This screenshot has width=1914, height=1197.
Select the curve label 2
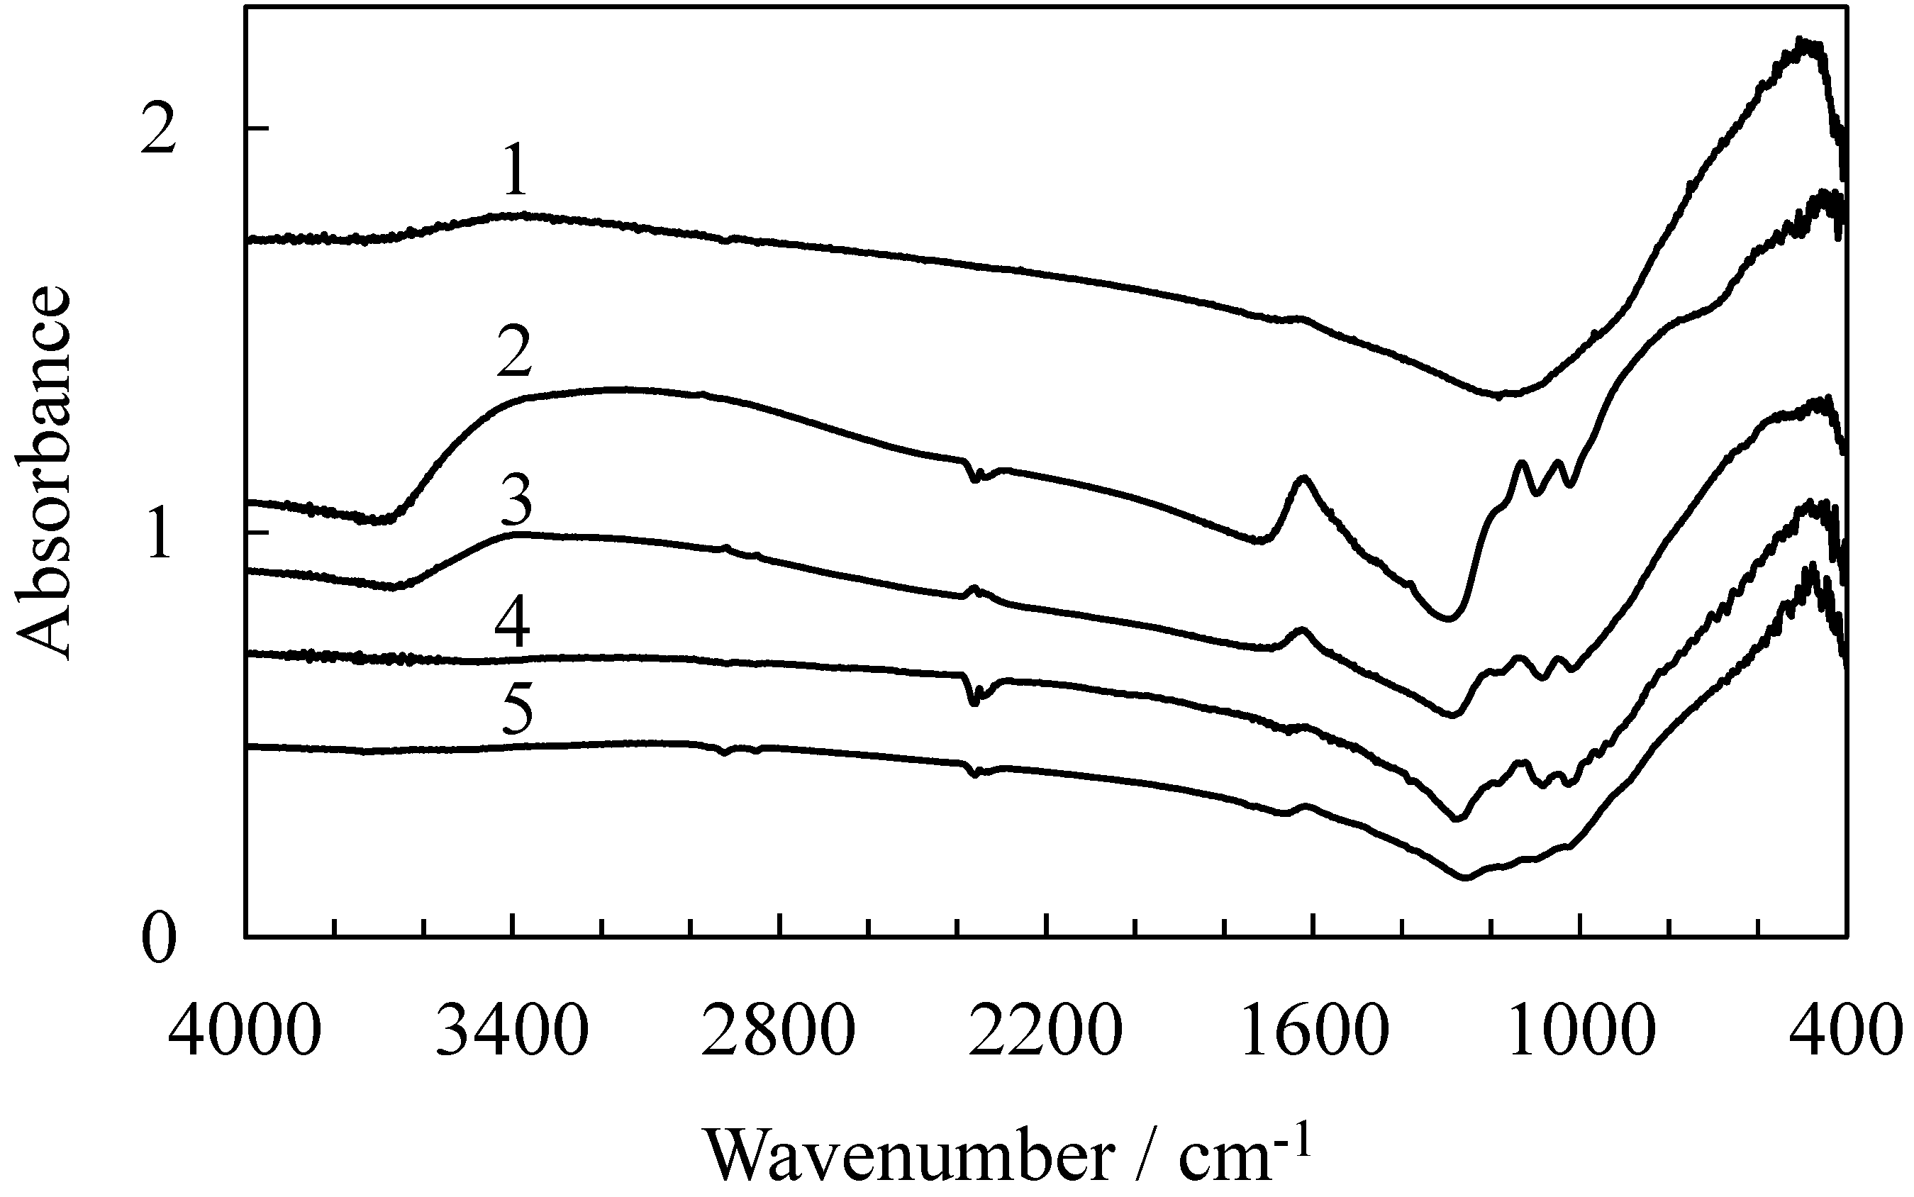[516, 355]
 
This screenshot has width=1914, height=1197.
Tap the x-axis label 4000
[245, 1032]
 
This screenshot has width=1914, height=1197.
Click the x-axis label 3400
[513, 1032]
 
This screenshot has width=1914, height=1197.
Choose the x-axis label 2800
[779, 1032]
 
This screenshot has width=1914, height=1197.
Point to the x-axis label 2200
[1046, 1032]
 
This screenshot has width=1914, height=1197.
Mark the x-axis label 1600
[1313, 1032]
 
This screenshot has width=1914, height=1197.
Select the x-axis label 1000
[1579, 1032]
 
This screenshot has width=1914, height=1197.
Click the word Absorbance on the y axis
[43, 474]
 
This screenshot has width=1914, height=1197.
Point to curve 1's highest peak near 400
[1803, 63]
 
